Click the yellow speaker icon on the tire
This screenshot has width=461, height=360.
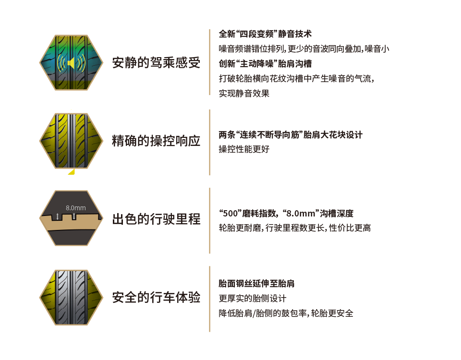(x=71, y=63)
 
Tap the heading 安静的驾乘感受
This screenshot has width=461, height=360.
(x=156, y=63)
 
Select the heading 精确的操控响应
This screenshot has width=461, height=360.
(x=156, y=142)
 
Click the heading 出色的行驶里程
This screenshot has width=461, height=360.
(x=156, y=220)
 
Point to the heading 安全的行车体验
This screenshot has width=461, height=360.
(x=156, y=298)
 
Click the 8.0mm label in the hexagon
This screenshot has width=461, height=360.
(x=76, y=208)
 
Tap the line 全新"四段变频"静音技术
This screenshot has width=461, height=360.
(x=265, y=35)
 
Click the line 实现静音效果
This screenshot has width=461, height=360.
(x=244, y=94)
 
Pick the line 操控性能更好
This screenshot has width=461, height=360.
(x=244, y=149)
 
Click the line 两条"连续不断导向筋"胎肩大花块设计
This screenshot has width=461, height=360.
(x=291, y=135)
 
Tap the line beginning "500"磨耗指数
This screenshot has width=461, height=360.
(x=286, y=214)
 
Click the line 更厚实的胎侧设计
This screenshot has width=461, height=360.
(x=253, y=299)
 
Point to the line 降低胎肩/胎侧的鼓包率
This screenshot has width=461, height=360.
(x=286, y=313)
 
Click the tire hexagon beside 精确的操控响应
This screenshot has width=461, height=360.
(x=71, y=141)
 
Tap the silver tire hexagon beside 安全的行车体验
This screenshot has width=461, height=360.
(x=71, y=298)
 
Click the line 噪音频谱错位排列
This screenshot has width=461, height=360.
(x=303, y=49)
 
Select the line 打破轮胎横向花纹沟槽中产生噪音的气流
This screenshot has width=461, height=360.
(x=296, y=79)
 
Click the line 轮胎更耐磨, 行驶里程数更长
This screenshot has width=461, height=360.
(x=294, y=228)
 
